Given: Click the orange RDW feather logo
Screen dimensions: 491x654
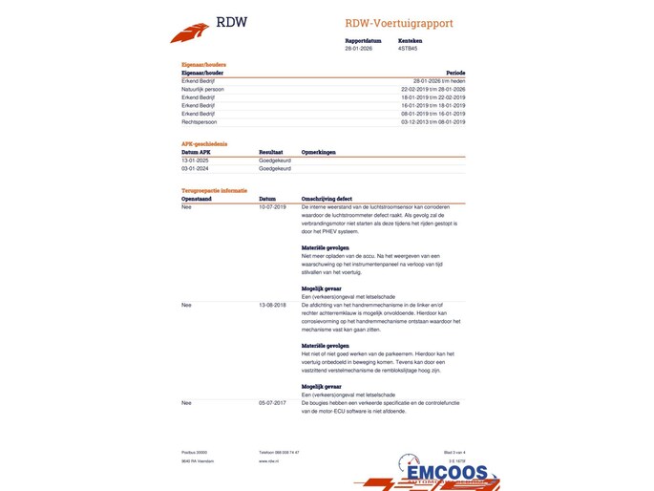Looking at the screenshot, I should (190, 32).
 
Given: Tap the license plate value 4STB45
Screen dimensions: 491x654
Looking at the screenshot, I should (408, 48).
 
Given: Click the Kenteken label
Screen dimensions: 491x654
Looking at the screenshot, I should (410, 41).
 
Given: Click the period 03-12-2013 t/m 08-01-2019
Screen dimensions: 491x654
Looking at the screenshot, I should (433, 122).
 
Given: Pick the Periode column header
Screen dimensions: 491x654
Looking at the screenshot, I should (455, 73).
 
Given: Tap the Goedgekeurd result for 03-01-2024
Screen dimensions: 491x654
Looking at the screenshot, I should (275, 168).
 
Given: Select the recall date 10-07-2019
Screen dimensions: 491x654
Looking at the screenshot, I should (272, 206).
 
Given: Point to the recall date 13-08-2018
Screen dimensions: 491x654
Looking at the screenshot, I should (272, 305).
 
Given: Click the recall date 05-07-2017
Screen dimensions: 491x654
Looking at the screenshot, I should (272, 403).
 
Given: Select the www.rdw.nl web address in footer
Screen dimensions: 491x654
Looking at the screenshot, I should (268, 460).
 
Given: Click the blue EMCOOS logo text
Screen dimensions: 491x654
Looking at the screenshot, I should (446, 473).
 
